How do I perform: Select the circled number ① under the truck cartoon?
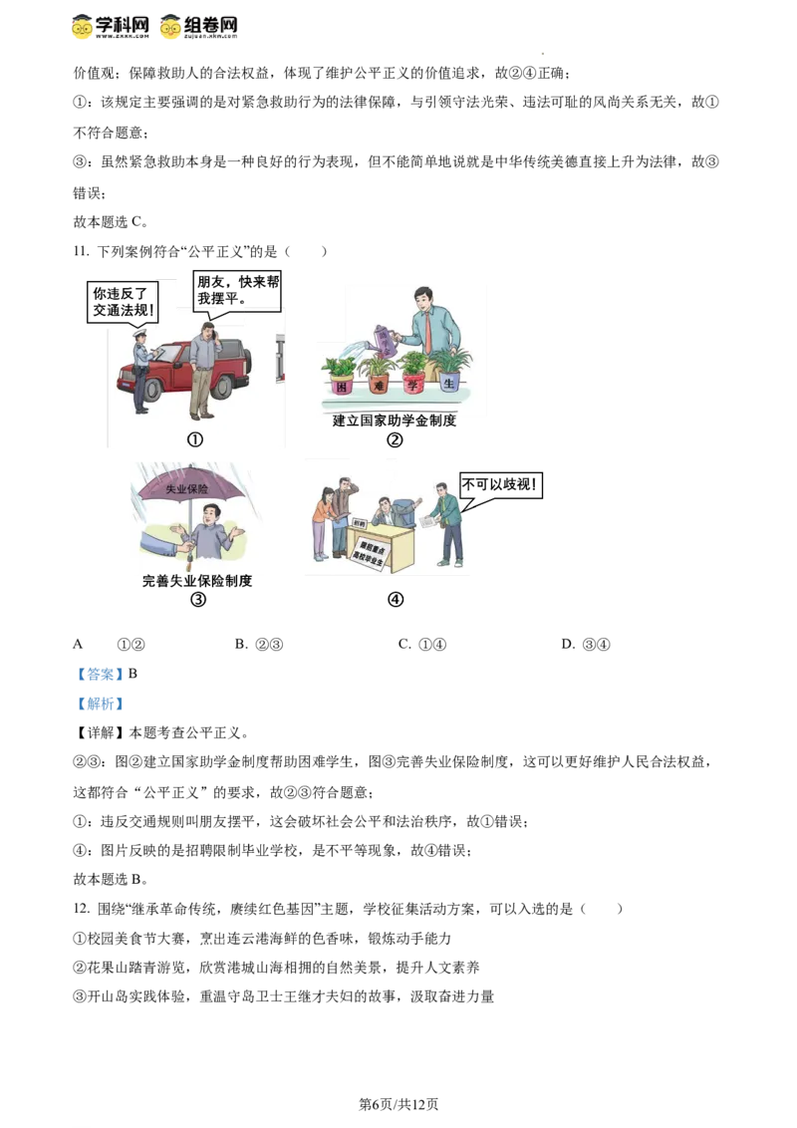195,439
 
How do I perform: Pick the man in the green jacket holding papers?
448,520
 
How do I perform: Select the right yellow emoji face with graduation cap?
171,25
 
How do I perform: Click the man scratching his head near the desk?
343,513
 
